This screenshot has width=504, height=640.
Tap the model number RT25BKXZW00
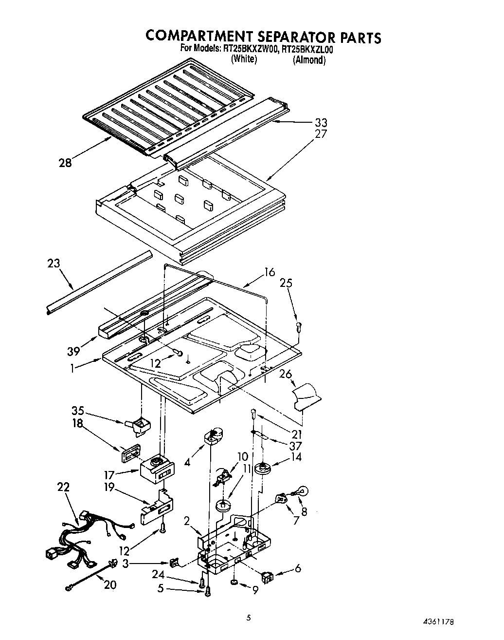coord(250,48)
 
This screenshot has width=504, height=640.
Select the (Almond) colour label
coord(309,60)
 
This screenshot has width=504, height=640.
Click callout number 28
coord(65,163)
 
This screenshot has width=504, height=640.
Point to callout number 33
coord(321,123)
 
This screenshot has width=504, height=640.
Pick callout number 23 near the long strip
coord(54,264)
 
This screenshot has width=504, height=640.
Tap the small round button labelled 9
coord(234,582)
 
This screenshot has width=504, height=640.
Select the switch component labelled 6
coord(267,578)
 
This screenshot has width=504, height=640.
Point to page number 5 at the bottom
coord(249,618)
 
